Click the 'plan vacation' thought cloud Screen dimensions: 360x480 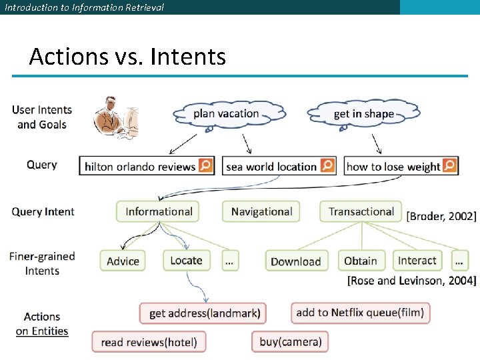click(x=226, y=114)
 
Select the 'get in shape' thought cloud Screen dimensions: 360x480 click(x=364, y=114)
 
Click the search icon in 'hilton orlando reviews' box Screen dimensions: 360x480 click(x=206, y=165)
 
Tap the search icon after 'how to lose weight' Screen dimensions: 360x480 click(x=449, y=165)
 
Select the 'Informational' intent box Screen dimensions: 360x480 click(x=159, y=211)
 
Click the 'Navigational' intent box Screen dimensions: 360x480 click(x=261, y=211)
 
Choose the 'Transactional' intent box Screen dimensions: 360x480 click(x=361, y=211)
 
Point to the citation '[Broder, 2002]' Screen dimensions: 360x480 click(x=441, y=216)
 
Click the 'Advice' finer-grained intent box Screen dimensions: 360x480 click(x=123, y=261)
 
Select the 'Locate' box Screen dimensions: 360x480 click(x=186, y=260)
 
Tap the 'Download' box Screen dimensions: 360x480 click(x=295, y=261)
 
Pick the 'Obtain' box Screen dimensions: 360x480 click(x=361, y=261)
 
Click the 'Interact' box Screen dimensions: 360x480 click(x=417, y=260)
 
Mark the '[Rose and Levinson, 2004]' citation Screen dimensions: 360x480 click(x=412, y=281)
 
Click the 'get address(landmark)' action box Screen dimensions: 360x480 click(x=205, y=313)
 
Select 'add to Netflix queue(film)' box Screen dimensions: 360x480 click(x=360, y=312)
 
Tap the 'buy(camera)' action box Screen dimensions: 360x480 click(x=290, y=342)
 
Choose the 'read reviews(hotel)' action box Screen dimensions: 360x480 click(x=149, y=343)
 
